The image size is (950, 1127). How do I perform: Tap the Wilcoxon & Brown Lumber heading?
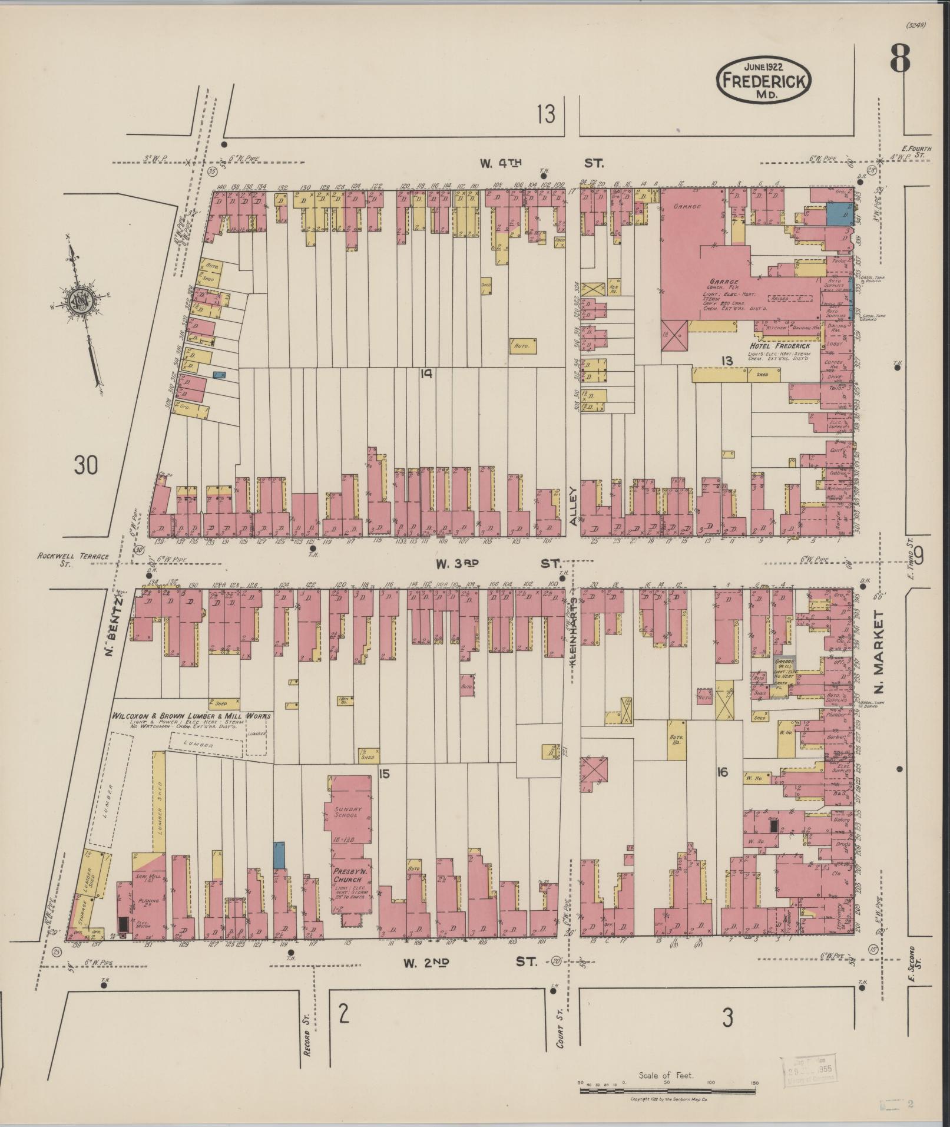point(191,716)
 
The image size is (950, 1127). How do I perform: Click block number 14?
point(426,373)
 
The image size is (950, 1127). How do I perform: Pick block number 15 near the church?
point(383,773)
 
